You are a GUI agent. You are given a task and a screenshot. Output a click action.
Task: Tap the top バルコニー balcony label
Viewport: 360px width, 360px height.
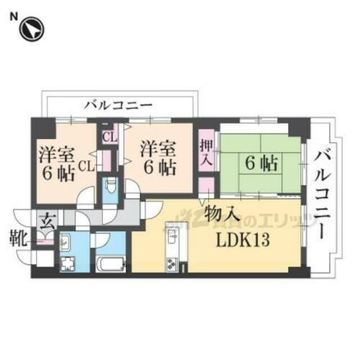pos(117,105)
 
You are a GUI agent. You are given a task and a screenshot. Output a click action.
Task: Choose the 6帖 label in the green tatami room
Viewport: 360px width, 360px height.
pos(261,163)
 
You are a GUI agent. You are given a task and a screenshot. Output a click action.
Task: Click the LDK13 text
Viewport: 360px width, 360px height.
pos(243,240)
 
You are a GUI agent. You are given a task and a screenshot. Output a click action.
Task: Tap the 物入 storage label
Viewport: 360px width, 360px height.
pos(222,215)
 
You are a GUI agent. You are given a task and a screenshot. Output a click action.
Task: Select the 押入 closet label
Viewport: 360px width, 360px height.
pos(205,155)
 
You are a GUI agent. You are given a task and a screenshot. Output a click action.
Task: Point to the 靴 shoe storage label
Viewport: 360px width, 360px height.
pos(17,235)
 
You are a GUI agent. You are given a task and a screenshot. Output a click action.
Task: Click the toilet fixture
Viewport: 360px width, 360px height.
pos(112,189)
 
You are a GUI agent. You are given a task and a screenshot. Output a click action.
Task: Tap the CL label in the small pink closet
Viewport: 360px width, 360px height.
pos(110,135)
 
